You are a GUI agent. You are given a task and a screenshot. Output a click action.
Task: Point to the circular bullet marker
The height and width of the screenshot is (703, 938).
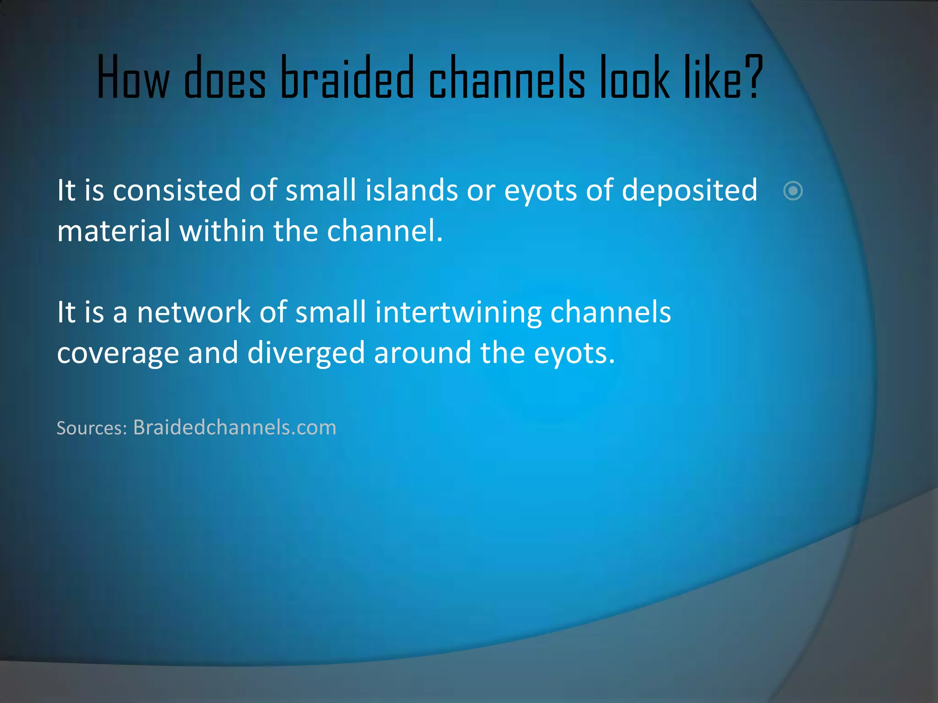pyautogui.click(x=793, y=191)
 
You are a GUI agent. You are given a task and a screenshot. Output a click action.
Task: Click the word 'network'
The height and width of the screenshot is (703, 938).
pyautogui.click(x=194, y=312)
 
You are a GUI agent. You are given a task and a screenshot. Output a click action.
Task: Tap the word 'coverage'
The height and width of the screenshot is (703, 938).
pyautogui.click(x=118, y=353)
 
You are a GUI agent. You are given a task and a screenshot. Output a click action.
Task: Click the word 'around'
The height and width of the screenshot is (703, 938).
pyautogui.click(x=422, y=353)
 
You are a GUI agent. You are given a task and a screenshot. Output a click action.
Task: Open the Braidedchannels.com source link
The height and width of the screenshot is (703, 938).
pyautogui.click(x=234, y=427)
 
